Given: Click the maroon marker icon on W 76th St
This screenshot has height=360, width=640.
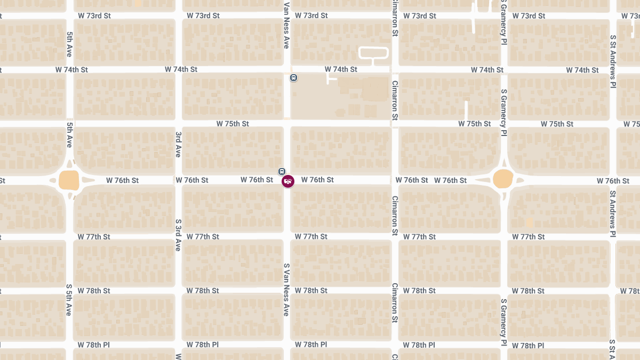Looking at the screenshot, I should (x=288, y=181).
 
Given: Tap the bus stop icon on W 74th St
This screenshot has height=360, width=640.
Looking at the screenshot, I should (x=293, y=78).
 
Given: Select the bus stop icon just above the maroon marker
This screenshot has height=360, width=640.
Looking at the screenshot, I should (x=282, y=171).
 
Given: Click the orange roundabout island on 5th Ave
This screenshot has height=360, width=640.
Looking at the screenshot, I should (x=69, y=180).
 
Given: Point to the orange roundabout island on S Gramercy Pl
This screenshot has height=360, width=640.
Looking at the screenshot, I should (x=503, y=179).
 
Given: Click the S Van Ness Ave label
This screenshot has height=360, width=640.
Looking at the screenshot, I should (x=286, y=289).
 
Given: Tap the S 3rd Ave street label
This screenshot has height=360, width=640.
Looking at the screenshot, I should (x=178, y=235).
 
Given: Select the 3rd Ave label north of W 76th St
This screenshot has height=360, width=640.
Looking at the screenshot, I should (x=178, y=144).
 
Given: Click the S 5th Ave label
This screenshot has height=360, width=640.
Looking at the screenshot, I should (x=69, y=299).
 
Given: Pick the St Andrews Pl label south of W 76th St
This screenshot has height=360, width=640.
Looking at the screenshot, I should (x=613, y=213).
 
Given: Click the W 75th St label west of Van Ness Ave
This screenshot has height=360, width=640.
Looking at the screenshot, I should (x=233, y=124).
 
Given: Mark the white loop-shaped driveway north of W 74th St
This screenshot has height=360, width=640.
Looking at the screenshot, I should (x=373, y=52).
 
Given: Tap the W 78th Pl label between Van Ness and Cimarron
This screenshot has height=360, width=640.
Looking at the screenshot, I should (x=311, y=345).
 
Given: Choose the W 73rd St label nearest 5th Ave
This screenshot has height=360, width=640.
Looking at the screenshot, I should (x=94, y=15).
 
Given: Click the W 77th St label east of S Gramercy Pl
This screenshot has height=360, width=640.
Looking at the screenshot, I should (x=529, y=237).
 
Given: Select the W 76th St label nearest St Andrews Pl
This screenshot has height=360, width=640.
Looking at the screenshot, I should (x=613, y=181).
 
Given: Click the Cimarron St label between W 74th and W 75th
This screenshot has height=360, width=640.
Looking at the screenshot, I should (x=395, y=100).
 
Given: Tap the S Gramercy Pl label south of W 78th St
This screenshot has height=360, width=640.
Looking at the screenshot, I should (x=503, y=322).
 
